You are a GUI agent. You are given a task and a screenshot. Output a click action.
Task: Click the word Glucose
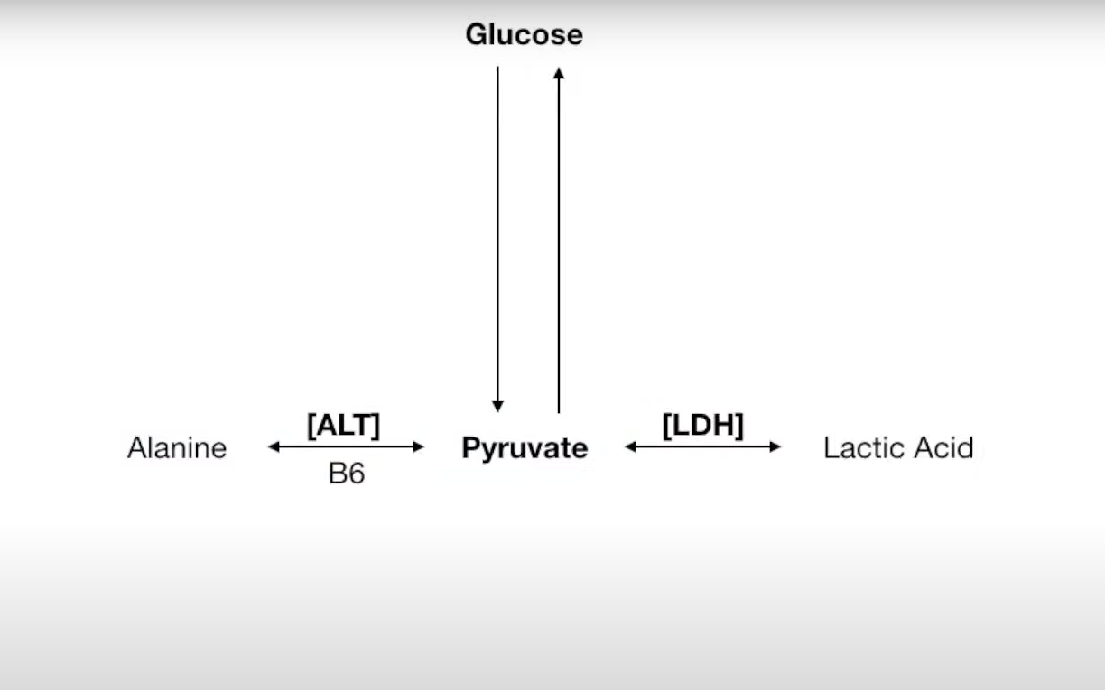(x=524, y=35)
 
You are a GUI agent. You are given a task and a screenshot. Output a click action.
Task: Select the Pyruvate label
(x=524, y=448)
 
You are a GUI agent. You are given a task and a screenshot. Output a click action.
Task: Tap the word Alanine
(x=177, y=448)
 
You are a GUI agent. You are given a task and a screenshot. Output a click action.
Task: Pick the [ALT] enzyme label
(x=344, y=425)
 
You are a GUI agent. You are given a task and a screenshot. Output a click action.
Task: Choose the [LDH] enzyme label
(x=702, y=425)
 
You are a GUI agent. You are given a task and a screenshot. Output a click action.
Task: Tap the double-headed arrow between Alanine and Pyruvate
(x=346, y=446)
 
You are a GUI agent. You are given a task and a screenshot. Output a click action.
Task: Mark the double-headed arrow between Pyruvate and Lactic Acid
(x=702, y=446)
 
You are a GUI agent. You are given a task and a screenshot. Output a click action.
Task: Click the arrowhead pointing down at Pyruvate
(x=497, y=407)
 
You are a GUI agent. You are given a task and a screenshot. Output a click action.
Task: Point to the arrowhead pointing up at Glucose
(x=559, y=73)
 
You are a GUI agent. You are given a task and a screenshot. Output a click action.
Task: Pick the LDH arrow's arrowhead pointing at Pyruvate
(x=630, y=446)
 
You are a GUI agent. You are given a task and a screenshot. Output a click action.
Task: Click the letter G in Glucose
(x=475, y=35)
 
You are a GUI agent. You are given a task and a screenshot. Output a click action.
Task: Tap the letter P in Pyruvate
(x=469, y=448)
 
